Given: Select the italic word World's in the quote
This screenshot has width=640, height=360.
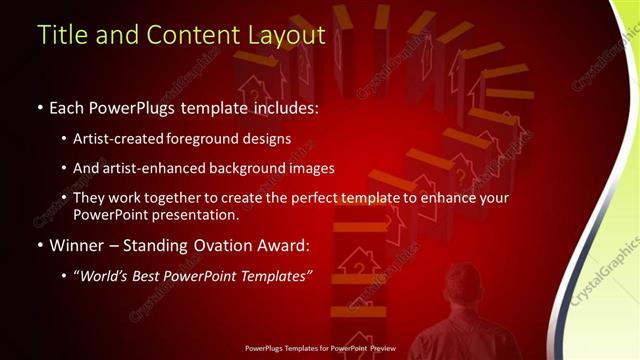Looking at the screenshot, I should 107,276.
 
